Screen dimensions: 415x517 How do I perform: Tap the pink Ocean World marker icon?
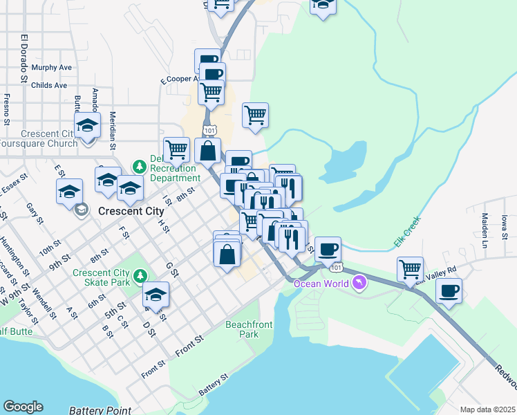[x=359, y=282]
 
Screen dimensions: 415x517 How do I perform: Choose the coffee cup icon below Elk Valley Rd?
[x=449, y=291]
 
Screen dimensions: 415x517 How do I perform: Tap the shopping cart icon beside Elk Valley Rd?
[x=411, y=269]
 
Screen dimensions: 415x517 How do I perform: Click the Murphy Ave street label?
[x=52, y=68]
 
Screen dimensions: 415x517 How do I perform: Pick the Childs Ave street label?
[x=50, y=85]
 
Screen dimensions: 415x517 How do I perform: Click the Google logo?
[x=23, y=407]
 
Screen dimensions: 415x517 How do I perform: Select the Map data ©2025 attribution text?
[x=487, y=409]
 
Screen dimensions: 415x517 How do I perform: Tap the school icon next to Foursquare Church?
[x=88, y=127]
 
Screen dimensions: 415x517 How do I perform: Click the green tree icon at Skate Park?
[x=141, y=277]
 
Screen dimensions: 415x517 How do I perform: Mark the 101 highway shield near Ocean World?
[x=335, y=267]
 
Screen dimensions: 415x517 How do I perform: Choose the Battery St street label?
[x=213, y=385]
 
